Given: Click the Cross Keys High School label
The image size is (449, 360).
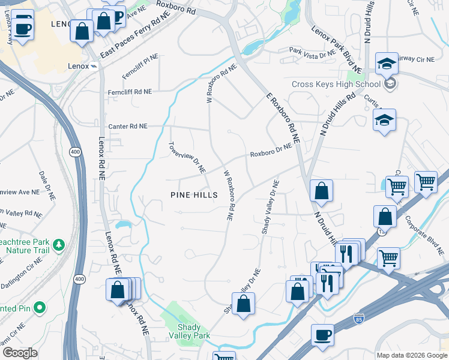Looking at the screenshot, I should coord(336,84).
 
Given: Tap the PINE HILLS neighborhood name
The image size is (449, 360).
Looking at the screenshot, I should coord(192,194).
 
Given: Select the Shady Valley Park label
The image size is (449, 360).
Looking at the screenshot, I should coord(193,331).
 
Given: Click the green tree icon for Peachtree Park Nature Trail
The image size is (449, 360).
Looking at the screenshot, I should coord(58,244).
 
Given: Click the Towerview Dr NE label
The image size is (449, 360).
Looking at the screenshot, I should coord(187,157).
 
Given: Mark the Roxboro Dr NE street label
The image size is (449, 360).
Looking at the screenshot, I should coord(271,149).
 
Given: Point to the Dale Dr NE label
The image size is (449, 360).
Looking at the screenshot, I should coord(47,185).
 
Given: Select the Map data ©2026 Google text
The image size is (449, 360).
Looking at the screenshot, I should coord(411,355).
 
